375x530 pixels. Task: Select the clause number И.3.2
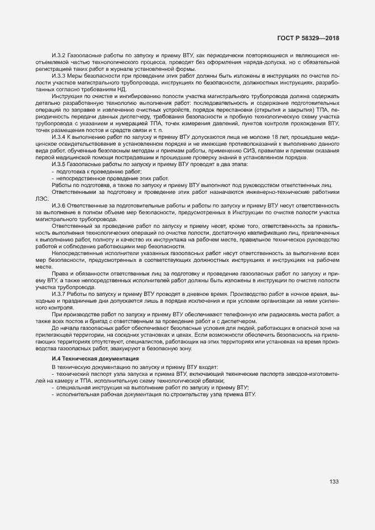click(x=59, y=55)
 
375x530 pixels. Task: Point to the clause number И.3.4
click(x=59, y=137)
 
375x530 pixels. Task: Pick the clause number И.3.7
click(x=59, y=294)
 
